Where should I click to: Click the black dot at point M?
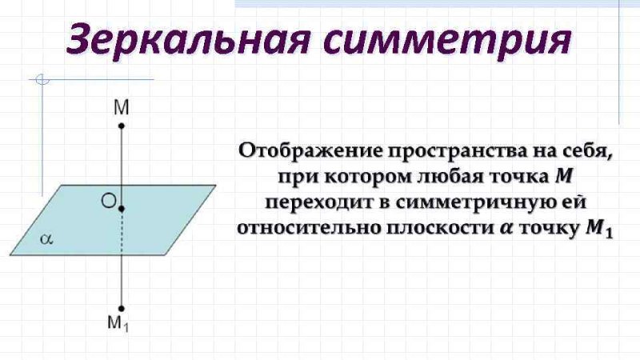(x=122, y=126)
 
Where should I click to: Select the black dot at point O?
(x=122, y=209)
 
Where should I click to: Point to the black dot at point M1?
(x=122, y=309)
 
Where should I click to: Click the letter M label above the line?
(x=122, y=108)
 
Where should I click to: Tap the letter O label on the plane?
(x=109, y=201)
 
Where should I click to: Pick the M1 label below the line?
(x=118, y=323)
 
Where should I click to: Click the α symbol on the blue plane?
(x=46, y=239)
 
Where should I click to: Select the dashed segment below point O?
(x=122, y=234)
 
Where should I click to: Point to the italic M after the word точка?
(x=564, y=177)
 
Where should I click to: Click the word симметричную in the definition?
(x=472, y=203)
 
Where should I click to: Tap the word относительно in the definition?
(x=309, y=228)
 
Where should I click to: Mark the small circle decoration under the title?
(x=42, y=79)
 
